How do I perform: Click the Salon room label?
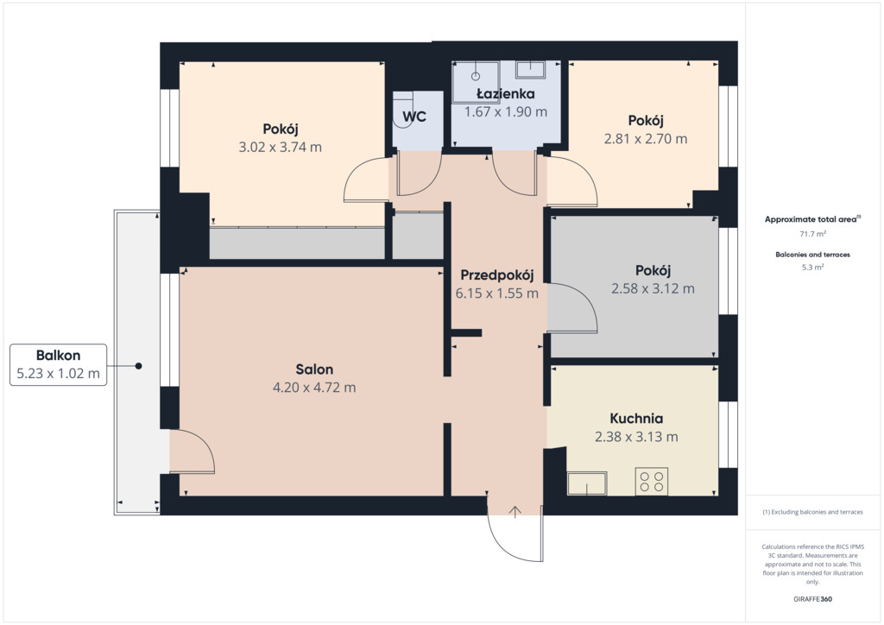pos(314,369)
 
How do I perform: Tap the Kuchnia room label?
pos(636,418)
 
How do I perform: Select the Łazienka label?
pos(505,93)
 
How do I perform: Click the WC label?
pos(414,117)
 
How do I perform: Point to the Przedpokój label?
pos(496,275)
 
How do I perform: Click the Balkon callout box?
pos(58,364)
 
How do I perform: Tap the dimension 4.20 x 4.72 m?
pos(314,388)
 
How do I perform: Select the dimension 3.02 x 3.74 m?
pos(281,147)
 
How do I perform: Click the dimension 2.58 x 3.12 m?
pos(653,288)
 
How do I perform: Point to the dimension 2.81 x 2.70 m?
pos(646,139)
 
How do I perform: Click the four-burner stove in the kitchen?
pos(651,482)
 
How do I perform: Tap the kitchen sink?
pos(587,483)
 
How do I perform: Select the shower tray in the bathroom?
pos(476,82)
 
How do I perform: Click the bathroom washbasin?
pos(530,69)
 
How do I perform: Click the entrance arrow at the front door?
pos(515,511)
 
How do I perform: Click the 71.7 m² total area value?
pos(812,233)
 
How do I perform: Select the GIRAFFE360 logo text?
pos(812,599)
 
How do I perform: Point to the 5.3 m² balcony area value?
pos(812,267)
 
